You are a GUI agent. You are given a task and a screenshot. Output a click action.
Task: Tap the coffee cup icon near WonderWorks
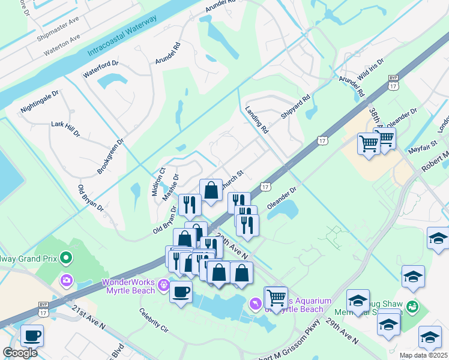(181, 292)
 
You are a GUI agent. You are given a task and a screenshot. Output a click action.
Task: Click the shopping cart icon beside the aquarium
(276, 297)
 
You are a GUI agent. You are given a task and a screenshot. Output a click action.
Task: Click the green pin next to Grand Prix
(67, 259)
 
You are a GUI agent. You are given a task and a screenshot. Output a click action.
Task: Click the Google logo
(20, 353)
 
